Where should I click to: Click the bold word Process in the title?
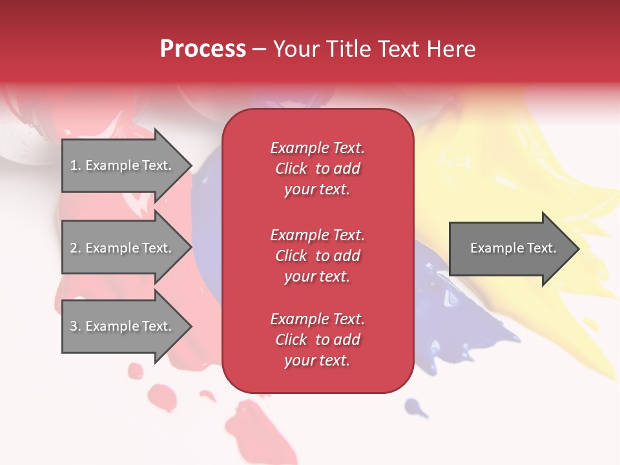[203, 49]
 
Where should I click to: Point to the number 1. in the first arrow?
[76, 165]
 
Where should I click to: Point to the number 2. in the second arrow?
[76, 248]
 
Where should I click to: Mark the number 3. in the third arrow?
[76, 326]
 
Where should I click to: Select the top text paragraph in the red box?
[317, 169]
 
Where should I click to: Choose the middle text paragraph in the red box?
[317, 256]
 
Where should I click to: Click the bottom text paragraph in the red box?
[317, 340]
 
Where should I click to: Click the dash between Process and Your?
[259, 50]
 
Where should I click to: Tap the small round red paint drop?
[136, 371]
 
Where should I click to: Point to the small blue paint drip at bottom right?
[414, 407]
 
